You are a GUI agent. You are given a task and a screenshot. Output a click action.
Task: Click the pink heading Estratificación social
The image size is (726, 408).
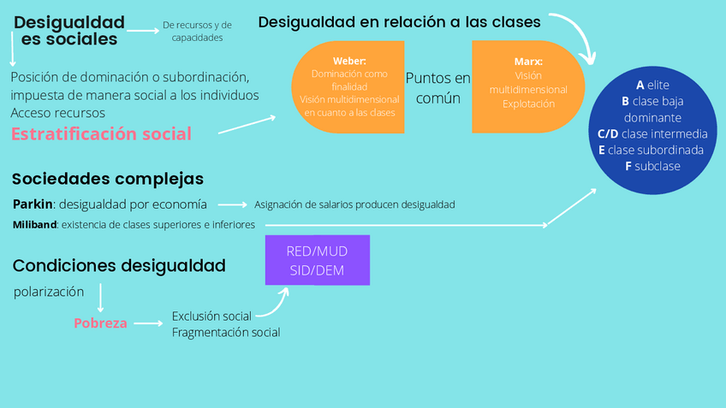pos(101,133)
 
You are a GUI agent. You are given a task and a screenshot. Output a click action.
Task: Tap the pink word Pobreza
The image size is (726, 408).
pos(100,323)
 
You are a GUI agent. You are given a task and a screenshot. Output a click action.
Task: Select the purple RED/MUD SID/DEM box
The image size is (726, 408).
pos(317,260)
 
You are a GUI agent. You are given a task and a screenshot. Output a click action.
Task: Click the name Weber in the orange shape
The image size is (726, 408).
pos(348,61)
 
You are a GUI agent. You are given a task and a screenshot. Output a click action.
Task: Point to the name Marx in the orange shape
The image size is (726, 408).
pos(528,62)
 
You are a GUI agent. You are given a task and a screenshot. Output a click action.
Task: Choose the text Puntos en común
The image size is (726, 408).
pos(437,88)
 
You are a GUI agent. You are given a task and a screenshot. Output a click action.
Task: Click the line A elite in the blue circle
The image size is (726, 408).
pos(652,86)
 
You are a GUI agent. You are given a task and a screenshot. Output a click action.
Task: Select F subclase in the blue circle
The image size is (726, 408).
pos(652,166)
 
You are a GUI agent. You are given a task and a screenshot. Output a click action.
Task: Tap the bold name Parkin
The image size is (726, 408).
pos(33,204)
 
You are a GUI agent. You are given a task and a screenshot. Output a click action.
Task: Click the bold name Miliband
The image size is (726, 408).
pos(35,225)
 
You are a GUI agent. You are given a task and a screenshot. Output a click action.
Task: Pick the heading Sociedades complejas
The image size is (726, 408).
pos(108,179)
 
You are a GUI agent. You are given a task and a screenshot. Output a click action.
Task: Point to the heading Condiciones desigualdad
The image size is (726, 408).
pos(119,266)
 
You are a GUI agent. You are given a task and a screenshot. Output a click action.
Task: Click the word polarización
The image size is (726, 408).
pos(49,292)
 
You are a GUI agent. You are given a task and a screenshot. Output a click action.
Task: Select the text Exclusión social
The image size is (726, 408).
pos(211,316)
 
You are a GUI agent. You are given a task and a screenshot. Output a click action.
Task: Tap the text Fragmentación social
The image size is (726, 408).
pos(226,332)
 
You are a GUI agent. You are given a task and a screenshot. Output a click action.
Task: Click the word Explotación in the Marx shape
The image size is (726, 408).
pos(528,103)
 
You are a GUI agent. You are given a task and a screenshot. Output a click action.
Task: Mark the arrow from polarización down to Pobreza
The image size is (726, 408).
pos(101,299)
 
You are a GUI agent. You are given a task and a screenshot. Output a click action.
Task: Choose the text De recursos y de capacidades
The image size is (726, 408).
pos(197,32)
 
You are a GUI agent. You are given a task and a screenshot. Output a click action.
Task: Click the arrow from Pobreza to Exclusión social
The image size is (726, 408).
pos(148,323)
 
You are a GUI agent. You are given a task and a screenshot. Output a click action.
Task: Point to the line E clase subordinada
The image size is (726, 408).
pos(652,150)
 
